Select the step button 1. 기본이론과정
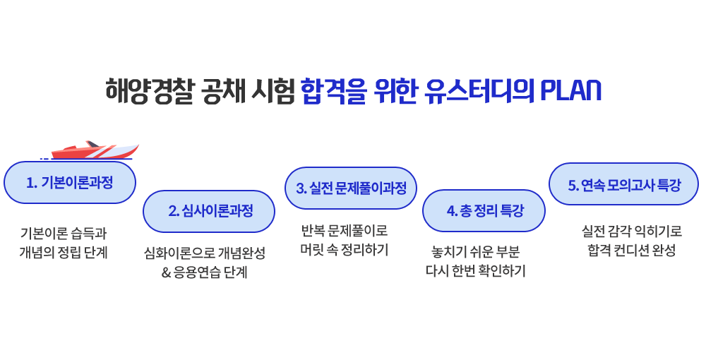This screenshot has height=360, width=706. coord(69,183)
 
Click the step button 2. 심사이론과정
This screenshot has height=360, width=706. coord(208,210)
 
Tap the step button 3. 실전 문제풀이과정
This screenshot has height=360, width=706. coord(350,188)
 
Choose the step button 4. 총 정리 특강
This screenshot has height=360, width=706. coord(484,210)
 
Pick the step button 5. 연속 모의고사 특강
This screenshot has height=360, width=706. coord(623,184)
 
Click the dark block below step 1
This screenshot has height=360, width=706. coord(63,243)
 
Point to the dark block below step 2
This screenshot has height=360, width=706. coord(203,263)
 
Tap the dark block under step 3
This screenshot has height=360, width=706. coord(344,239)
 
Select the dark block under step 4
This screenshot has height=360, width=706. coord(475,261)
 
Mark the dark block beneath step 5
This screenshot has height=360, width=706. coord(632,239)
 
